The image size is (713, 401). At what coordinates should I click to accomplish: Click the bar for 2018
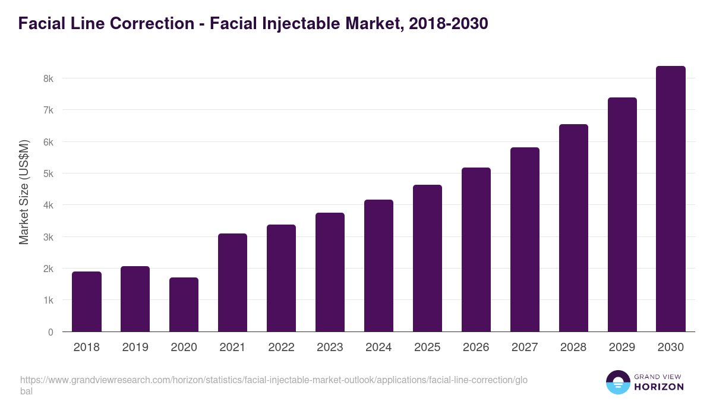pos(87,302)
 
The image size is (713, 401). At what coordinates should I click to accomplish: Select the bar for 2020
pos(184,305)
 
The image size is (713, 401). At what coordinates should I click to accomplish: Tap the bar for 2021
pos(232,283)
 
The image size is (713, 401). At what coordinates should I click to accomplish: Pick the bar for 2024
pos(378,266)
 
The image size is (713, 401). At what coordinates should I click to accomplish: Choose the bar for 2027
pos(525,239)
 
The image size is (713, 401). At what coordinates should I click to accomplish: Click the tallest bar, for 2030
pos(671,199)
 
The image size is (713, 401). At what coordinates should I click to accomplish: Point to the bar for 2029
pos(622,214)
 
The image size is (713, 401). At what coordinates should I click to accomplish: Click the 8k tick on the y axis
pos(48,78)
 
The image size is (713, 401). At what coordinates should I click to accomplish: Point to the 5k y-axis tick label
pos(48,173)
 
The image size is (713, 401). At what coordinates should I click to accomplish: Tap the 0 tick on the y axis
pos(51,332)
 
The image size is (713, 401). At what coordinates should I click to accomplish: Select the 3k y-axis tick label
pos(48,237)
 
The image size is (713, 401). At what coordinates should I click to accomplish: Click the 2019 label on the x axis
pos(135,348)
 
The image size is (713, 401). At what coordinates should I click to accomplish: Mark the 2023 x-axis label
pos(330,348)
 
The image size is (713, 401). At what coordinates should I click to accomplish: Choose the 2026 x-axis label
pos(476,348)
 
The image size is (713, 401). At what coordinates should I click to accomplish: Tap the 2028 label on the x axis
pos(573,348)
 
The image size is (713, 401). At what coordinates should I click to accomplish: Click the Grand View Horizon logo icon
pos(617,383)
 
